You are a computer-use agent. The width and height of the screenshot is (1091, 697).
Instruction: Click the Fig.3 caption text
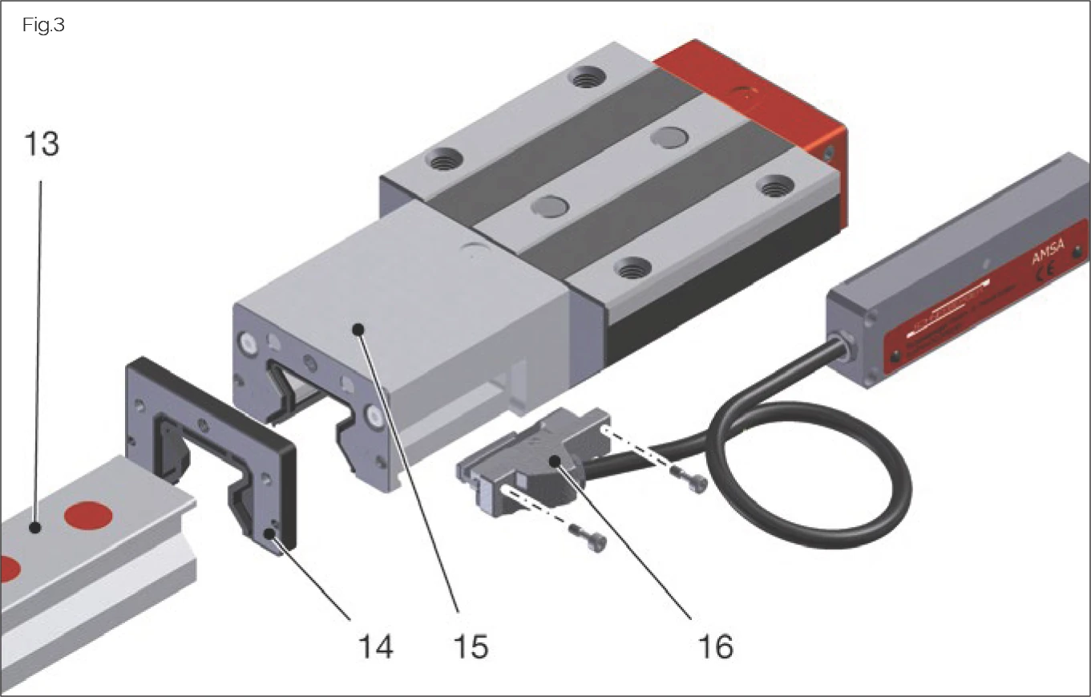[43, 25]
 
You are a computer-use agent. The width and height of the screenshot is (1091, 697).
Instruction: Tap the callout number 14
[374, 645]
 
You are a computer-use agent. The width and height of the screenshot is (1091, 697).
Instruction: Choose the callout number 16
[714, 645]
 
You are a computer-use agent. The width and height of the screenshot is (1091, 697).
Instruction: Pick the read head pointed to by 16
[537, 465]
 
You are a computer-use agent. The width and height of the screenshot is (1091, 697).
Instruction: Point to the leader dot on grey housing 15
[360, 328]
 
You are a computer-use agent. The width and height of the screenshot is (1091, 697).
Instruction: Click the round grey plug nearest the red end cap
[665, 136]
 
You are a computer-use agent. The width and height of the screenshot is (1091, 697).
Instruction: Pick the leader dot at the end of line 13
[34, 527]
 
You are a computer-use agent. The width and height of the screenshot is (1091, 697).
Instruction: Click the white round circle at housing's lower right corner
[374, 416]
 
